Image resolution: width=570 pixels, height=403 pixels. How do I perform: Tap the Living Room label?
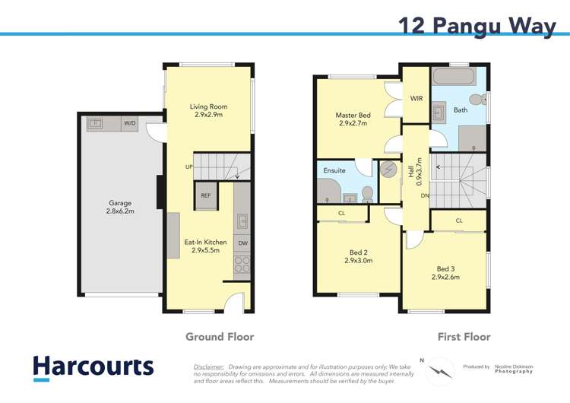[x=208, y=111]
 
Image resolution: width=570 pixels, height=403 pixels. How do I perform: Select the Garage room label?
[x=120, y=207]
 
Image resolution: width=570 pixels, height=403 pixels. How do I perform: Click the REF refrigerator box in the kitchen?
[x=205, y=195]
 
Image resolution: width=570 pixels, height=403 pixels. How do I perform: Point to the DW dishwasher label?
[x=242, y=243]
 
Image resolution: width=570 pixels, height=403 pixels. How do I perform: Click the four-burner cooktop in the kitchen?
[x=242, y=265]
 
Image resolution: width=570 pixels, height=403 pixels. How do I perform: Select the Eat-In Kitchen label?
[x=206, y=246]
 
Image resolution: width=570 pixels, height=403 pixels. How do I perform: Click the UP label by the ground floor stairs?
[x=188, y=167]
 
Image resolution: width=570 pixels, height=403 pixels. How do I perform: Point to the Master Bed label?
[x=353, y=119]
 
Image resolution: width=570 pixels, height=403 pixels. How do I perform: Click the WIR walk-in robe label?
[x=416, y=99]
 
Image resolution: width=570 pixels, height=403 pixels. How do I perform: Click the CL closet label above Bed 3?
[x=459, y=221]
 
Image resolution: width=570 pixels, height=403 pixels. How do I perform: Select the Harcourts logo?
[x=93, y=367]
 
